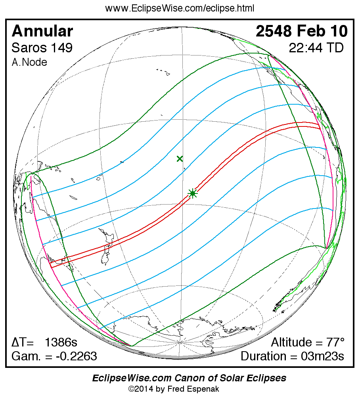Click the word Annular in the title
[42, 31]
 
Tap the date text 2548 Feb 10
[301, 31]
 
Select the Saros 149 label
[42, 48]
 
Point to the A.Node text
[29, 62]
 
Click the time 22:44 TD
[316, 48]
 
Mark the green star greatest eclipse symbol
[193, 193]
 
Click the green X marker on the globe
[180, 159]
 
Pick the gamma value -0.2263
[76, 356]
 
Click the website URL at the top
[180, 8]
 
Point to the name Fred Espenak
[197, 389]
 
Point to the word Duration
[265, 356]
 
